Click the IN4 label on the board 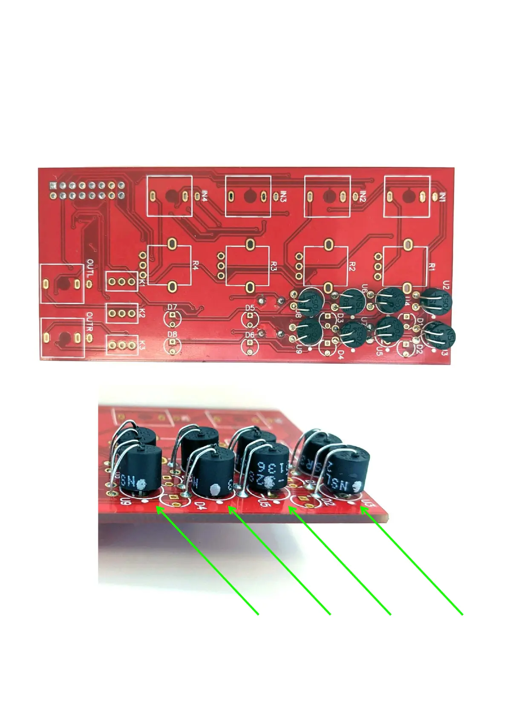coord(205,196)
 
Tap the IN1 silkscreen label coord(443,197)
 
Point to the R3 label coord(274,267)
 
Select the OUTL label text coord(90,268)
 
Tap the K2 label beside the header coord(142,313)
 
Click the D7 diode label coord(172,307)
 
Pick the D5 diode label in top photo coord(250,308)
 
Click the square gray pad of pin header coord(53,186)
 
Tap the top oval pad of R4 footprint coord(172,244)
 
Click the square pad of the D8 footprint coord(172,343)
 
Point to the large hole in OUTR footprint coord(65,338)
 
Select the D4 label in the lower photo coord(199,506)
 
